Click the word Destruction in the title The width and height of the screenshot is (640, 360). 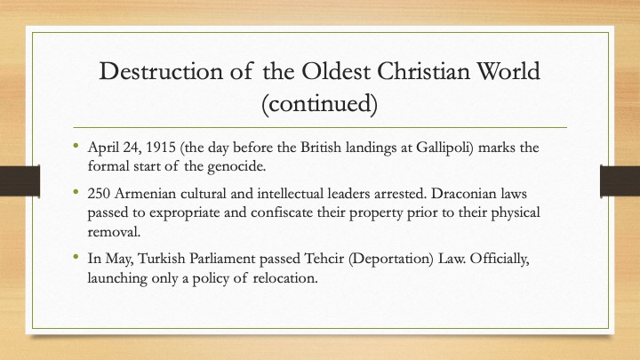(x=161, y=71)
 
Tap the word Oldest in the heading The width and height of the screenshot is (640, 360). (x=336, y=71)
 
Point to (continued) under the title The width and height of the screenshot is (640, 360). (x=320, y=104)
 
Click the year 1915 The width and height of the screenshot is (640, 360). (x=161, y=147)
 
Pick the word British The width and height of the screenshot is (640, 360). (x=321, y=147)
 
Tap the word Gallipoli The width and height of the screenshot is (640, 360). (x=444, y=148)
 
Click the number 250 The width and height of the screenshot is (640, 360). (x=99, y=194)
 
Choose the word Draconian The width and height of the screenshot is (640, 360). (x=458, y=194)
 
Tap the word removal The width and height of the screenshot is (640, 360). (x=115, y=232)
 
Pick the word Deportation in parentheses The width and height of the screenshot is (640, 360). (x=390, y=260)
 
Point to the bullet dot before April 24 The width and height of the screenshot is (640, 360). (x=76, y=145)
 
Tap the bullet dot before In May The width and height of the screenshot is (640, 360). (x=76, y=256)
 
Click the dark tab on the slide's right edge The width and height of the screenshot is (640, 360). (x=620, y=180)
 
